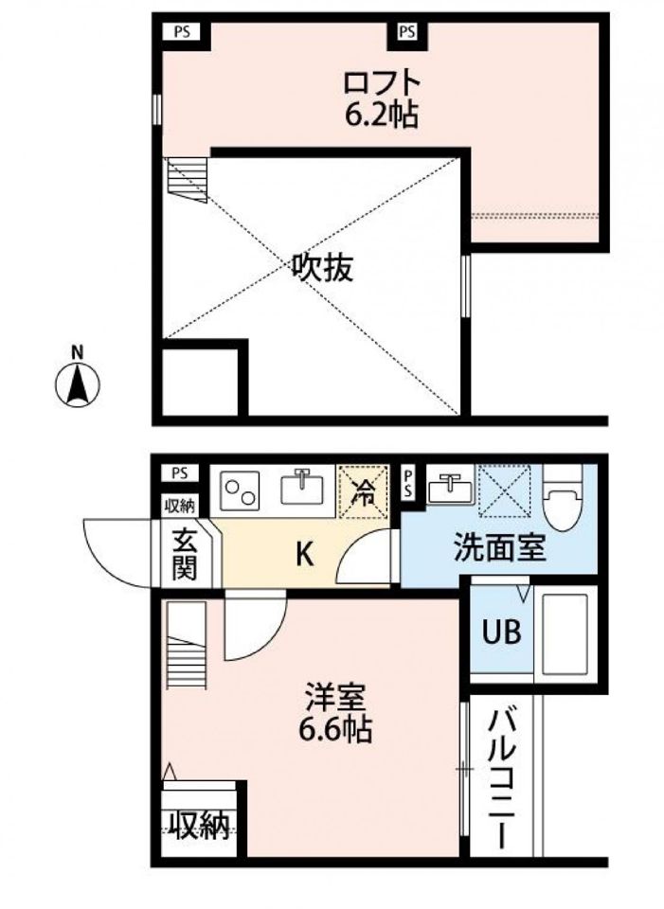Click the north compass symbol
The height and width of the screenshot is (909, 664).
coord(77,383)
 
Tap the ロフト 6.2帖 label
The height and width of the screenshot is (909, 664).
coord(381,98)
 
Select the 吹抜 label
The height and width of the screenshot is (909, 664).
coord(322,269)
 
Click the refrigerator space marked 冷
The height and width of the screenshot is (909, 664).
coord(363,491)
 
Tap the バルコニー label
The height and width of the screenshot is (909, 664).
coord(502,779)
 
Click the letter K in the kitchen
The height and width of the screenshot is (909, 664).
coord(305,556)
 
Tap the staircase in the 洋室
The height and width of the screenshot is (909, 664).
coord(187,645)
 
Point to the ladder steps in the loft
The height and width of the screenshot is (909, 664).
coord(188,180)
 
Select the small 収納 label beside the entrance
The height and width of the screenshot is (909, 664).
coord(180,506)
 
